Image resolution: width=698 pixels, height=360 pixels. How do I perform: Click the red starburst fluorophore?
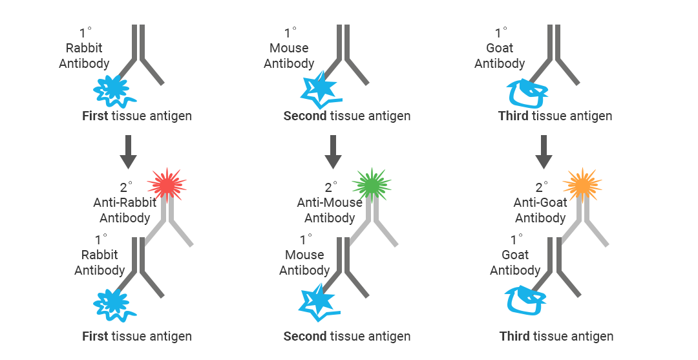coord(167,186)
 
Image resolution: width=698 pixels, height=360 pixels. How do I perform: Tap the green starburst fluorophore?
coord(372,186)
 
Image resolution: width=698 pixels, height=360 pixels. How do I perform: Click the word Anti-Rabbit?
coord(125,202)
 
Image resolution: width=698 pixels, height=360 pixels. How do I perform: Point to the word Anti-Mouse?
coord(330,202)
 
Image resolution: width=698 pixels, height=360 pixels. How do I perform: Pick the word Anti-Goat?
coord(540,202)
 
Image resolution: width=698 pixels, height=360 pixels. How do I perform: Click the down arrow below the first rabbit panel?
coord(128,153)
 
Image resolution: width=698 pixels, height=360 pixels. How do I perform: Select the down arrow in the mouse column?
coord(333,153)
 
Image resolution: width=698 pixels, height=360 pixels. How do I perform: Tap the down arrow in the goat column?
coord(544,153)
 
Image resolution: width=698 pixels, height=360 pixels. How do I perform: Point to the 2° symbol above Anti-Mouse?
coord(332,187)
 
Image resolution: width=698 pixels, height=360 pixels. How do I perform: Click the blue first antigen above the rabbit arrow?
coord(114,90)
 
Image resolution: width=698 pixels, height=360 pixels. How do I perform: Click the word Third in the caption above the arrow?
coord(513,116)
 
